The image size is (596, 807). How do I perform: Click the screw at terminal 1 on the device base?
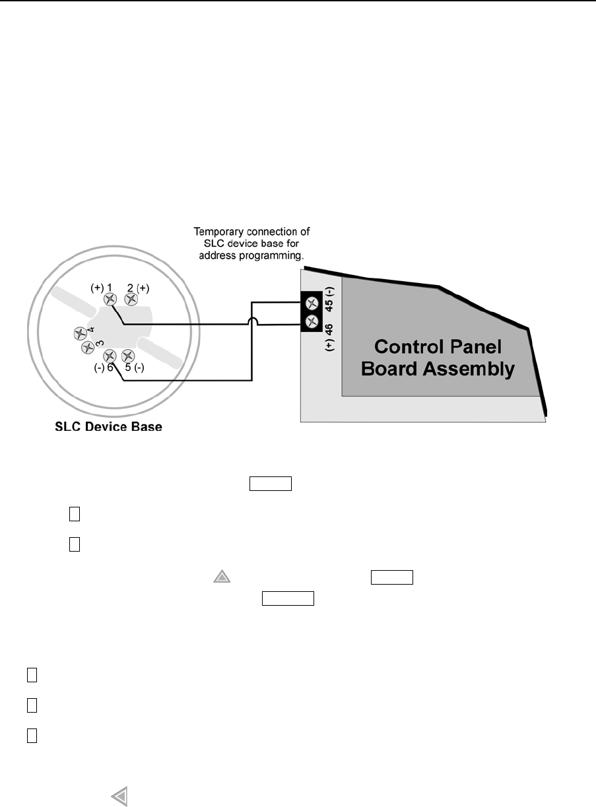(111, 299)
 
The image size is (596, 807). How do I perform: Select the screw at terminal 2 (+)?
(131, 299)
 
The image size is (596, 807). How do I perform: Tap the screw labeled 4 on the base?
(80, 333)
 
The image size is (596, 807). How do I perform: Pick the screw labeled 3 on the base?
(86, 347)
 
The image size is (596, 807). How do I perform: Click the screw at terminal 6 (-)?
(111, 356)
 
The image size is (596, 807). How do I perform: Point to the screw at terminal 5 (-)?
(129, 356)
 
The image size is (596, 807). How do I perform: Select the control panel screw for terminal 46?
(312, 323)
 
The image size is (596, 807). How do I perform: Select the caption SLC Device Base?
(108, 427)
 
